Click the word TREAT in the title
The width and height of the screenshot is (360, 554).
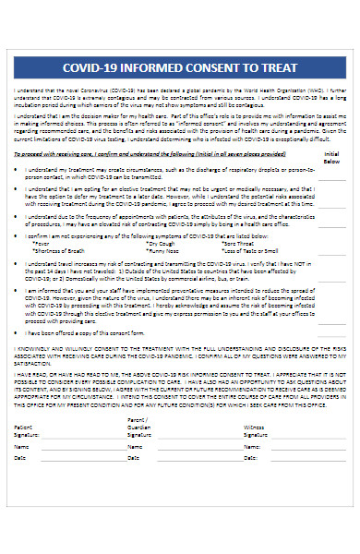tap(282, 67)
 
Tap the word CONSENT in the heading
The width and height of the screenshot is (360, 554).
tap(222, 67)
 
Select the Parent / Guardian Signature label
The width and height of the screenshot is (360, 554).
tap(138, 428)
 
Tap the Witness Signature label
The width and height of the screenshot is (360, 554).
tap(258, 432)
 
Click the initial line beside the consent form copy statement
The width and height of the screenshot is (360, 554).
tap(331, 335)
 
